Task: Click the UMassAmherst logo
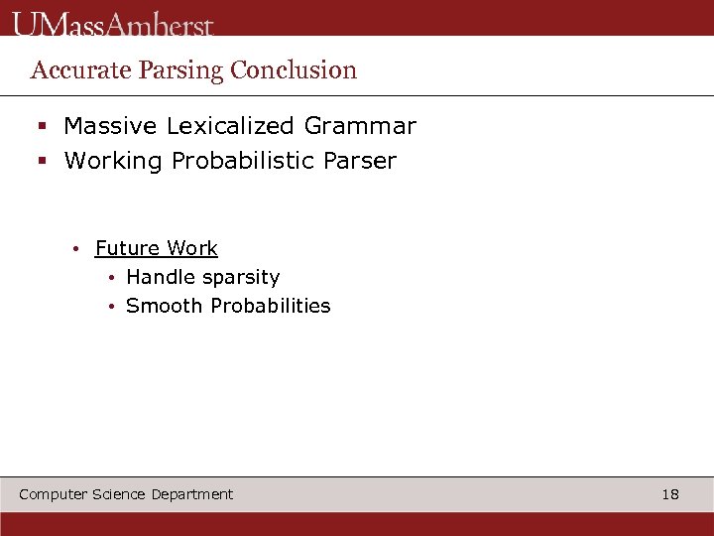(113, 24)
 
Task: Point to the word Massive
(110, 126)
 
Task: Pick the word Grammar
(360, 126)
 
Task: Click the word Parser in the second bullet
(359, 161)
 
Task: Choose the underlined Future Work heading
(157, 248)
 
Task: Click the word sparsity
(242, 277)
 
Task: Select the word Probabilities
(268, 306)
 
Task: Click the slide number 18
(670, 494)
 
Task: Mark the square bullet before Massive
(43, 127)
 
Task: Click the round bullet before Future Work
(75, 249)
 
